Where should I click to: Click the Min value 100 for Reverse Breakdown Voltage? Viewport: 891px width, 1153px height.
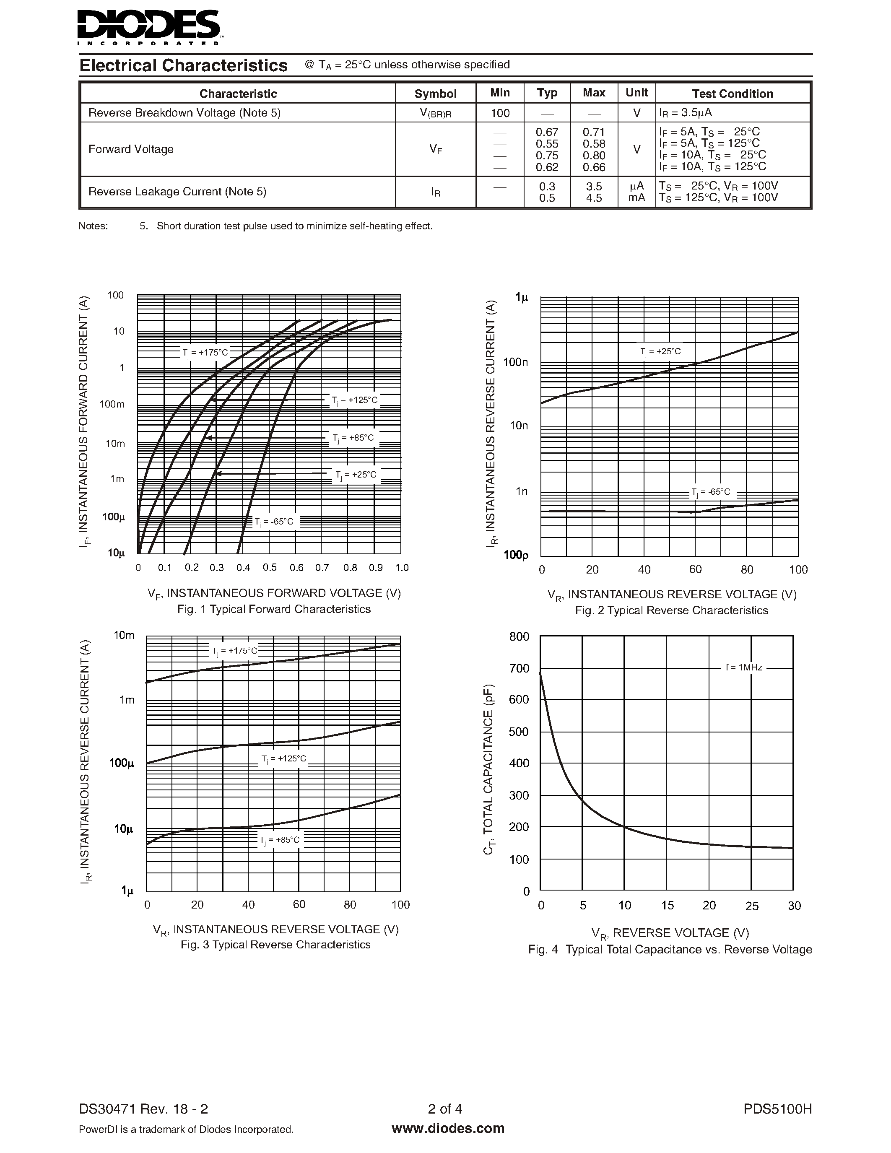(x=500, y=113)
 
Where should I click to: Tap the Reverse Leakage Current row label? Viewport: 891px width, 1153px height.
(x=177, y=192)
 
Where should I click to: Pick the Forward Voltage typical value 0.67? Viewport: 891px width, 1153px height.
(x=547, y=132)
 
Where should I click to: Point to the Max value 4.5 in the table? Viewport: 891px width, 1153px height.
(x=594, y=198)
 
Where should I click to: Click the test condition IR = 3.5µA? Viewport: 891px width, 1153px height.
(x=686, y=113)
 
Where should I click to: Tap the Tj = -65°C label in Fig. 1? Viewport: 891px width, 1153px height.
(x=274, y=522)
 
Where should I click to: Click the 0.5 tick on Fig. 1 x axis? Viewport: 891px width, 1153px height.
(x=270, y=568)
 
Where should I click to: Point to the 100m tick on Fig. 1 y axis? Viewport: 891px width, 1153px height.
(x=112, y=405)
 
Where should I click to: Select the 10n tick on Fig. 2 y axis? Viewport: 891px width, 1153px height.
(x=518, y=426)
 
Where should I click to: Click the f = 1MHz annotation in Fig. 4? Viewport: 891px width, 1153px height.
(x=744, y=667)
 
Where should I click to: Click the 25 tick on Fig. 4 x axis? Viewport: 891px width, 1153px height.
(x=752, y=906)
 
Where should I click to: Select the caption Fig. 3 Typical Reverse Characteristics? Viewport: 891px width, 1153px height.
(x=275, y=945)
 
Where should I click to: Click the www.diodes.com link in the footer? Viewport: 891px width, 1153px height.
(x=448, y=1129)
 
